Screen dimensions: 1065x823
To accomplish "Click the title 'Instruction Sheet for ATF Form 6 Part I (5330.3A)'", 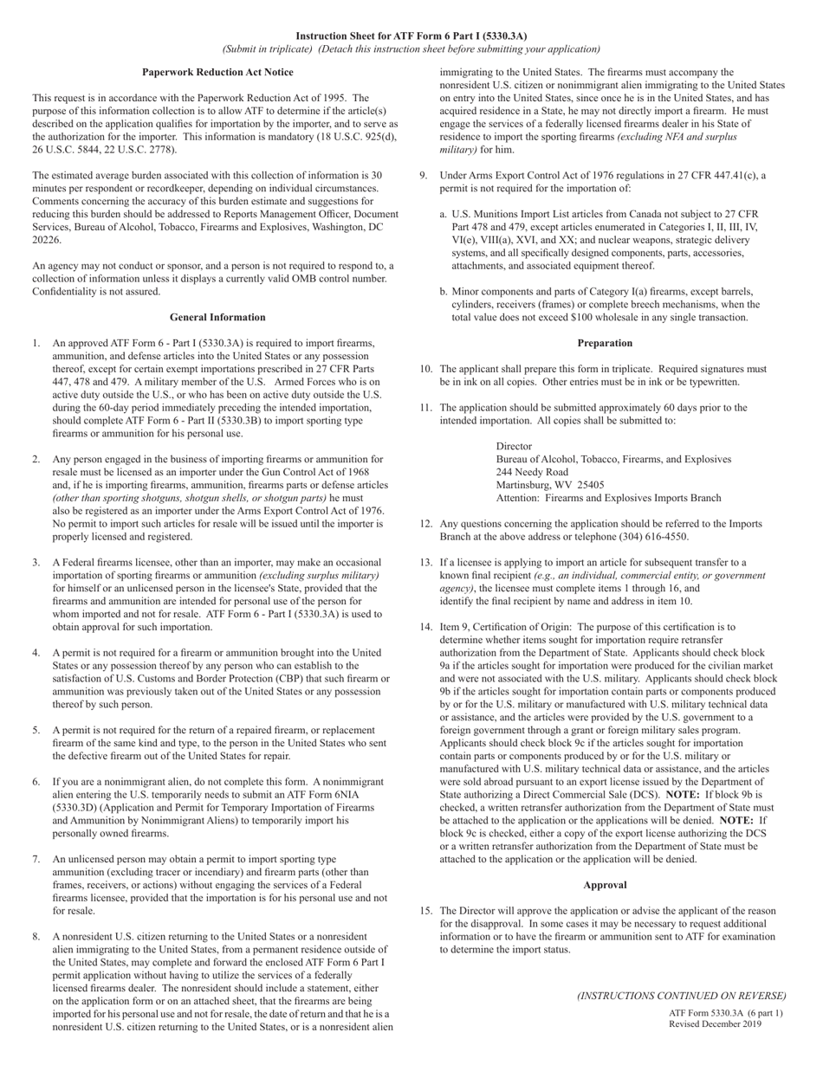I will (x=411, y=36).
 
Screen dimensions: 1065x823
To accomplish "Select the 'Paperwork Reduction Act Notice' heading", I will (x=217, y=72).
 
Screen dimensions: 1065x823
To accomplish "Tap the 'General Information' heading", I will (x=217, y=317).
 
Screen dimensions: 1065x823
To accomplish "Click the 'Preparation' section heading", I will (x=605, y=343).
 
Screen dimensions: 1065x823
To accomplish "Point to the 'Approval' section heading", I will (x=605, y=885).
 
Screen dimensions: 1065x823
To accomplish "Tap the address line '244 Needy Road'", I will (x=532, y=472).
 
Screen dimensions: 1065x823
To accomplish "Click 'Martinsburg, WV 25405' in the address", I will (x=550, y=485).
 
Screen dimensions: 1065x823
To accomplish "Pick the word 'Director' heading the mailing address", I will (x=514, y=446).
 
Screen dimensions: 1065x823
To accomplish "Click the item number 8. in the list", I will (x=36, y=936).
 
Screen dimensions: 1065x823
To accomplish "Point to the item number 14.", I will (x=426, y=627).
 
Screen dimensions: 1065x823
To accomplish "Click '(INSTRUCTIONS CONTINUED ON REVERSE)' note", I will (x=682, y=996).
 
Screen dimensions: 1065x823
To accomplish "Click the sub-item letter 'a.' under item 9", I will (x=444, y=214).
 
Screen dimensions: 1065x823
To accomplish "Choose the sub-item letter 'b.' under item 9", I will (x=444, y=292).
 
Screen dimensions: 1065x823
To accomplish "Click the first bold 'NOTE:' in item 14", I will (x=683, y=794).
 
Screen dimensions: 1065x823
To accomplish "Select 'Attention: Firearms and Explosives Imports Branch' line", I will (x=608, y=498).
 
